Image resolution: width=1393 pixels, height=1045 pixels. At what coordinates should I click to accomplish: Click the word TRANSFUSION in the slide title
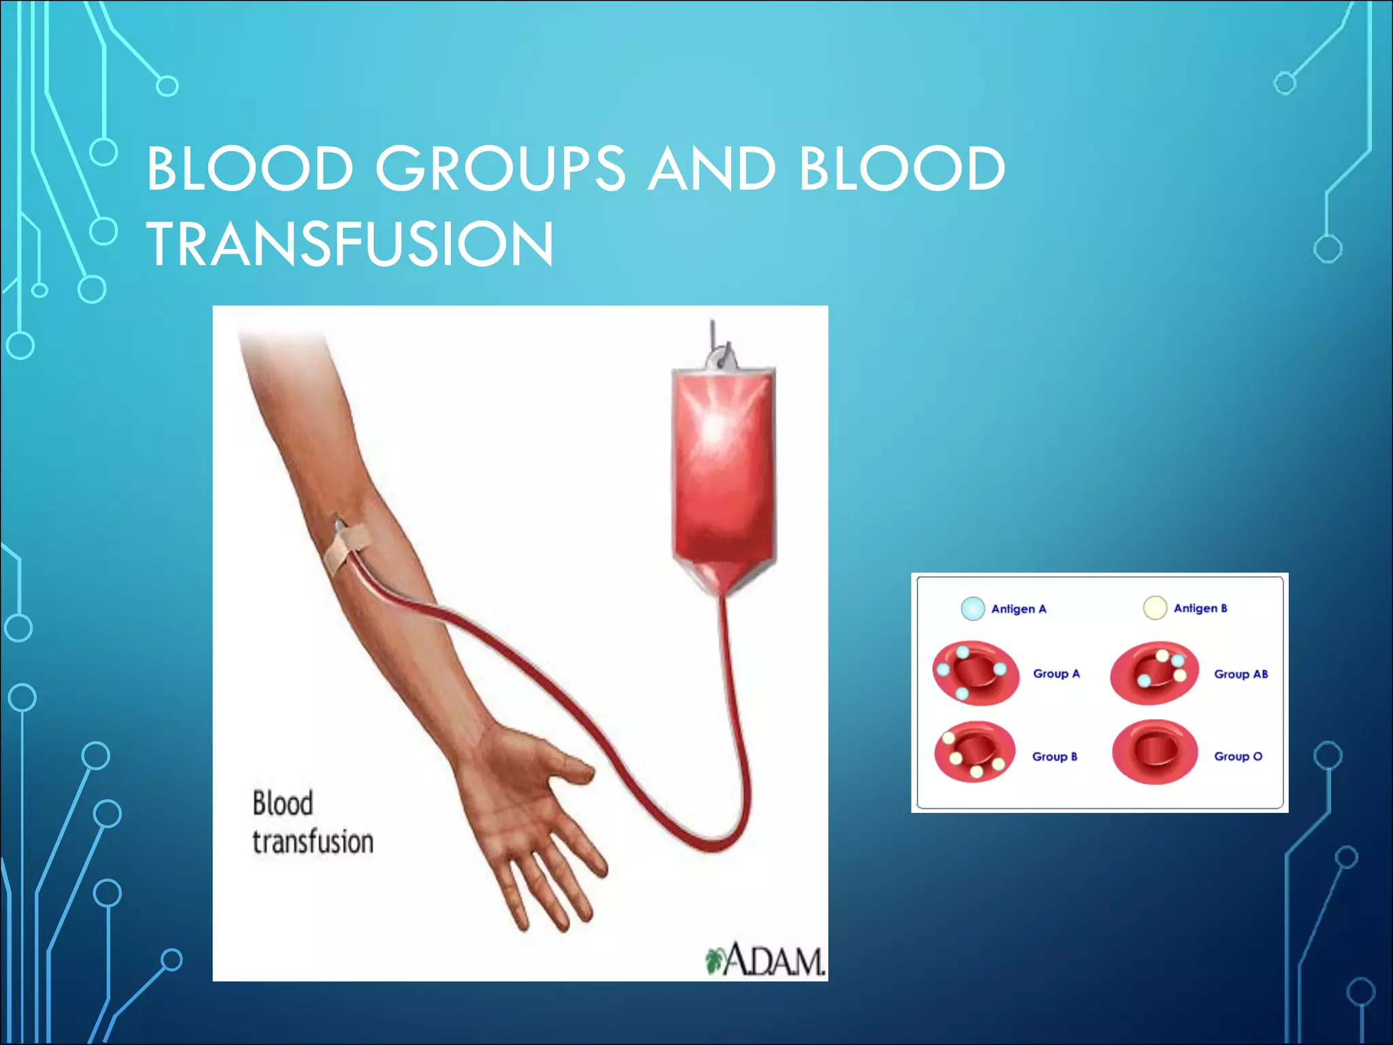tap(350, 244)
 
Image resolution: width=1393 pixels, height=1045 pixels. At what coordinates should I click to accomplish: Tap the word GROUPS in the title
tap(500, 168)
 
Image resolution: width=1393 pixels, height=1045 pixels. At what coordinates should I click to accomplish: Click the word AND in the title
tap(711, 168)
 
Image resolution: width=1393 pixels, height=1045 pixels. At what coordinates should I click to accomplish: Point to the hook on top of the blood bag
tap(720, 350)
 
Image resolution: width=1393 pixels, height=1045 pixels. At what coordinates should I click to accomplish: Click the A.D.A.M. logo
tap(766, 960)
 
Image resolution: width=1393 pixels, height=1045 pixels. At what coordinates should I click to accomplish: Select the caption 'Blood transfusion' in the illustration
tap(312, 823)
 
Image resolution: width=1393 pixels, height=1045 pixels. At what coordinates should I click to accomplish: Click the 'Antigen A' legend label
tap(1018, 609)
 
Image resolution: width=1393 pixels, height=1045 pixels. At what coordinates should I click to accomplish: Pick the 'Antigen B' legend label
tap(1201, 608)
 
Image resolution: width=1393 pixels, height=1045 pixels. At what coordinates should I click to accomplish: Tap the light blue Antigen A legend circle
tap(973, 608)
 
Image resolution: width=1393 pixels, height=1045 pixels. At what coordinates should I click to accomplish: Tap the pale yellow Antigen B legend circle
tap(1155, 608)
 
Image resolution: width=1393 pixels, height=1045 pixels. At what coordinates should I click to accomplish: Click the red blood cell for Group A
tap(975, 672)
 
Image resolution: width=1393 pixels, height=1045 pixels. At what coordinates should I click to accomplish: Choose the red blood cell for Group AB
tap(1154, 673)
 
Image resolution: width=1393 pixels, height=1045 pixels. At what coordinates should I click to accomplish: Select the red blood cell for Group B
tap(974, 752)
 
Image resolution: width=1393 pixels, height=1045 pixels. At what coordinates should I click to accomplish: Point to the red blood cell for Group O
tap(1154, 752)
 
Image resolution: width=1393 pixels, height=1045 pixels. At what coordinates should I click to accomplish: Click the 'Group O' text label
tap(1238, 757)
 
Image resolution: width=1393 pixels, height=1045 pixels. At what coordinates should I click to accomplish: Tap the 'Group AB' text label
tap(1241, 674)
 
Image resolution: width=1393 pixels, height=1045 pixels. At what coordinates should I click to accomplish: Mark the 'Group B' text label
tap(1054, 757)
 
